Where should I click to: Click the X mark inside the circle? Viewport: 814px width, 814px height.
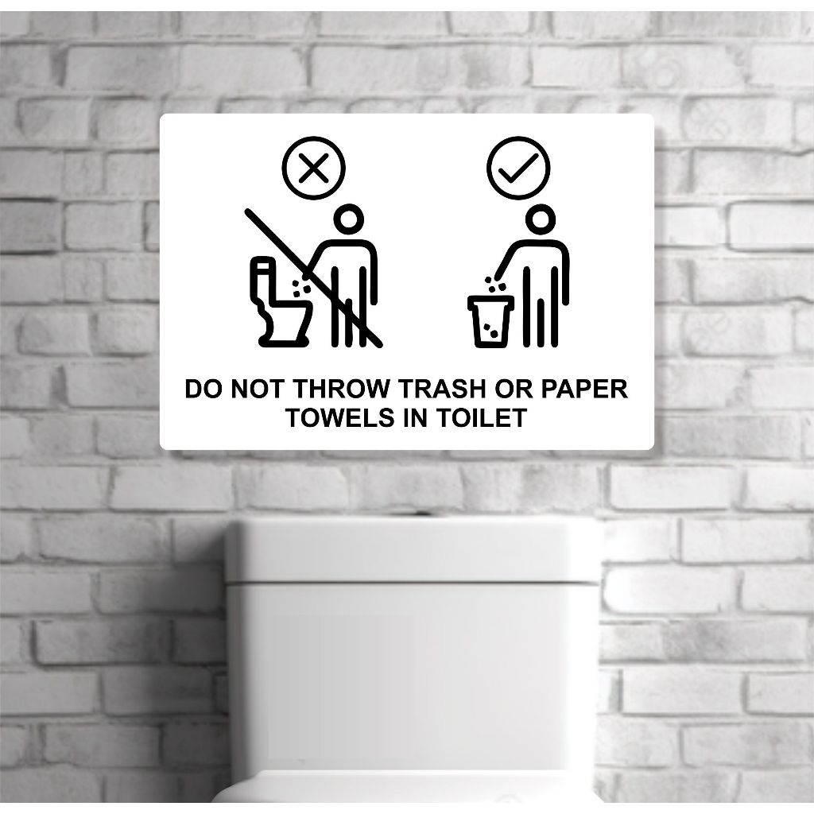tap(313, 168)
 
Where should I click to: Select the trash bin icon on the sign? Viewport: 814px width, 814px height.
tap(490, 320)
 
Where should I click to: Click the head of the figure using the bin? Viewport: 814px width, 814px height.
tap(541, 219)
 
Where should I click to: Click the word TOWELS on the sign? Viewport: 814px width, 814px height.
tap(340, 418)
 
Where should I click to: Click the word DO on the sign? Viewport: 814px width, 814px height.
tap(203, 389)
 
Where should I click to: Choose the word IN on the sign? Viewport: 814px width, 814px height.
tap(415, 418)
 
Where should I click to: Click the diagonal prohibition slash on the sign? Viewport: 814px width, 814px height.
tap(313, 277)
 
